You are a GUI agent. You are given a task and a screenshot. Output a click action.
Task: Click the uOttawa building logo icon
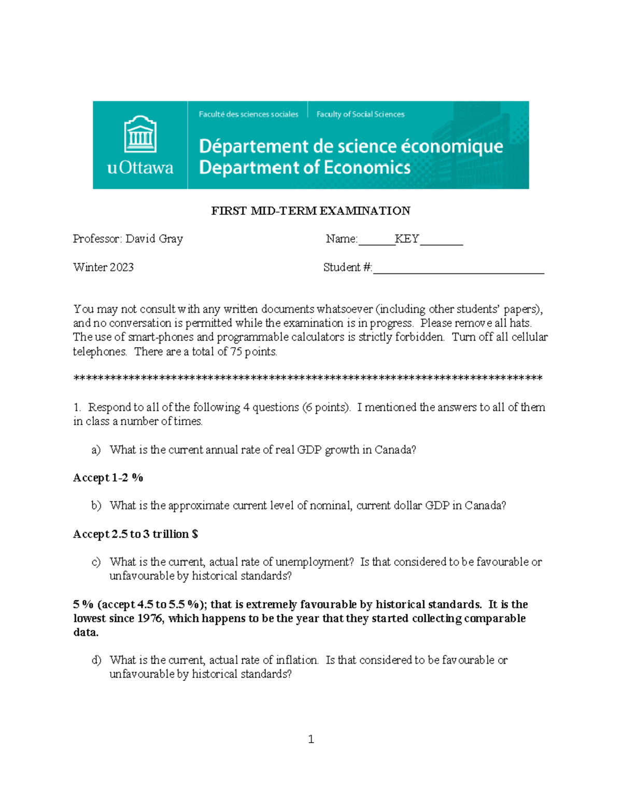click(140, 134)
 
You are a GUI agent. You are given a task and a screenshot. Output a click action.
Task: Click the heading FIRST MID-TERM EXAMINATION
click(310, 211)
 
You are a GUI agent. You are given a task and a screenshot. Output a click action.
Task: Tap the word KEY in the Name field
click(407, 239)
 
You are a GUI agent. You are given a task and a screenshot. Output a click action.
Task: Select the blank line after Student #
click(458, 269)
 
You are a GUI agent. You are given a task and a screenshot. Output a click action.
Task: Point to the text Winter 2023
click(103, 267)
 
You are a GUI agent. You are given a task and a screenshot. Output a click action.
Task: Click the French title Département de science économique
click(350, 146)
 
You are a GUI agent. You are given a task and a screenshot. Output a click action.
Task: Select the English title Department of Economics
click(304, 168)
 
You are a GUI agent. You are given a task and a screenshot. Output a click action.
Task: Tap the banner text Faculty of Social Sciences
click(360, 114)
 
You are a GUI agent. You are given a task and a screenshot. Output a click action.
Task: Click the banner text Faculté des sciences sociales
click(248, 114)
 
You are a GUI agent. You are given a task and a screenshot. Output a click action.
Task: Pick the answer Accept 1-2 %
click(108, 477)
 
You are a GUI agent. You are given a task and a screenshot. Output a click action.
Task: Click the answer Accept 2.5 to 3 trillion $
click(135, 534)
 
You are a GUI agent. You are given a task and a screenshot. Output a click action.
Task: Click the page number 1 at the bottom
click(310, 739)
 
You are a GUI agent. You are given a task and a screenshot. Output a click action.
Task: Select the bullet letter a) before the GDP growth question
click(96, 450)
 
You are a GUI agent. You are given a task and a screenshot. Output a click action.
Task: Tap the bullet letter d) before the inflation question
click(96, 660)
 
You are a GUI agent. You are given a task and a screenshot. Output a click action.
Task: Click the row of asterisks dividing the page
click(308, 378)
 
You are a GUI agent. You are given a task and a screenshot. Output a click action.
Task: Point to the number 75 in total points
click(236, 351)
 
